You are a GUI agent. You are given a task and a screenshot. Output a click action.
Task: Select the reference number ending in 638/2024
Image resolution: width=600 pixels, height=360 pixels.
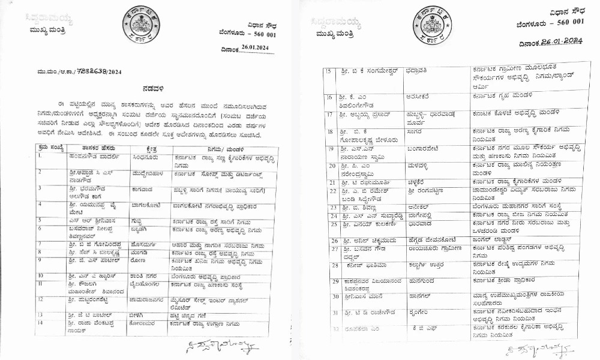pos(72,70)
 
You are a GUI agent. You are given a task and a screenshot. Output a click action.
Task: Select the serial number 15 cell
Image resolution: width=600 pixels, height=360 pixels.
pos(328,72)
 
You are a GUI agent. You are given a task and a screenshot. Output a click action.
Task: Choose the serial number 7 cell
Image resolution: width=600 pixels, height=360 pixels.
pos(39,244)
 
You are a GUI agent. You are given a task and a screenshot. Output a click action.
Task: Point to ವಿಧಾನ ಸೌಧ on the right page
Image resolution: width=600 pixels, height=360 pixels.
pos(564,12)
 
